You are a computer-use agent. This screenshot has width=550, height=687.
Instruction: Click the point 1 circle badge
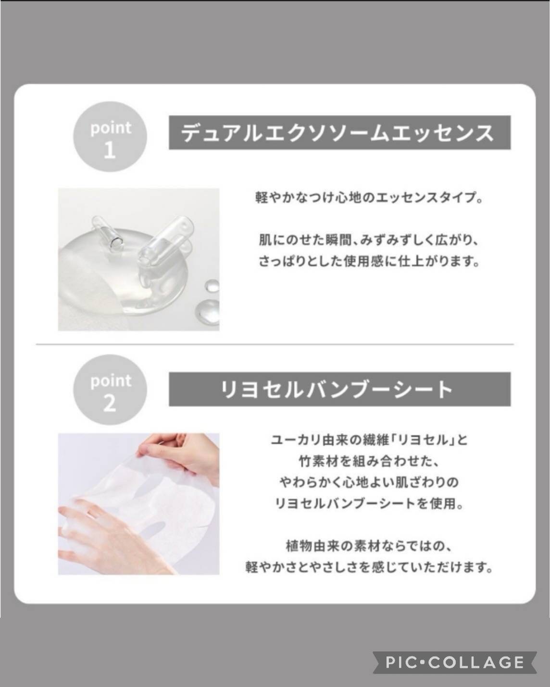tap(110, 136)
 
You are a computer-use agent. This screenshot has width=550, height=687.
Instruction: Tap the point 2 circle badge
tap(110, 390)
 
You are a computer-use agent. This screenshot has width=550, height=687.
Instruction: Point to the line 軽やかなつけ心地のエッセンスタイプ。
tap(369, 197)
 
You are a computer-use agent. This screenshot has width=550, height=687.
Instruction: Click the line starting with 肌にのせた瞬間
tap(369, 240)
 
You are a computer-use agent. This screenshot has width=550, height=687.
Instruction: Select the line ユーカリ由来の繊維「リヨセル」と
tap(369, 440)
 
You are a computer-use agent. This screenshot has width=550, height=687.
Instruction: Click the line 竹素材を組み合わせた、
tap(369, 462)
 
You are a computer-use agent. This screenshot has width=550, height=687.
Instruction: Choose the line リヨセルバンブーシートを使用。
tap(369, 504)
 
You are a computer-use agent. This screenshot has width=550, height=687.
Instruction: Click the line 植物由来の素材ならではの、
tap(369, 547)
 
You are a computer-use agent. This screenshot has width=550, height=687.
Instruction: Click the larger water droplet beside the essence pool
tap(207, 308)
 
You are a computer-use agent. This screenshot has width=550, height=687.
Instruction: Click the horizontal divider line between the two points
tap(275, 344)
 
